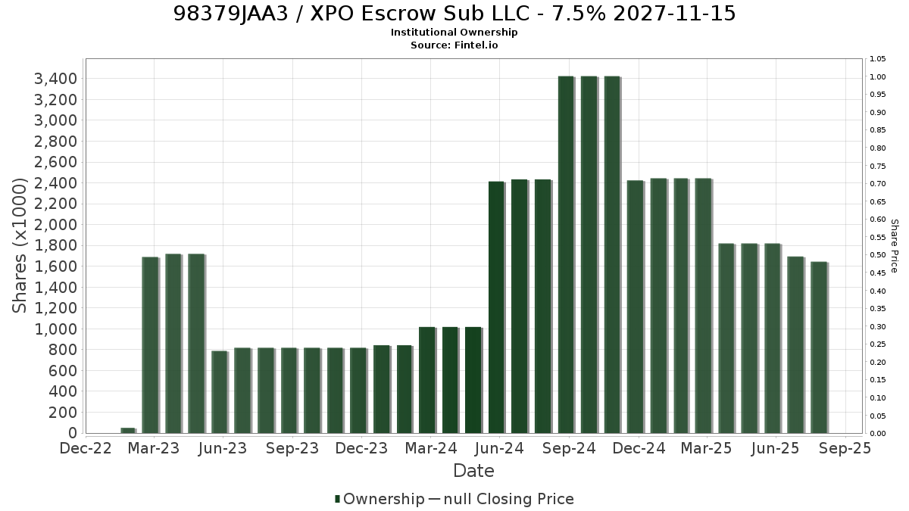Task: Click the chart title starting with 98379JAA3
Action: click(x=454, y=14)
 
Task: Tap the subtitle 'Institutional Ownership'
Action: click(x=454, y=33)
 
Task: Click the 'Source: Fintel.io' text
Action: click(x=454, y=45)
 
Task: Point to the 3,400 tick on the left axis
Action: click(x=55, y=79)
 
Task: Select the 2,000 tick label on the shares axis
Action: click(x=55, y=225)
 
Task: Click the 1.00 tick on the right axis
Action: click(x=878, y=77)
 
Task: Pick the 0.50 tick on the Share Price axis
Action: click(x=878, y=255)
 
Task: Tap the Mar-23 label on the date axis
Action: click(x=153, y=448)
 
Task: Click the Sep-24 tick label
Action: click(x=569, y=448)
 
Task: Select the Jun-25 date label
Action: click(x=775, y=448)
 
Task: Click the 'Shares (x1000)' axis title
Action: click(x=19, y=245)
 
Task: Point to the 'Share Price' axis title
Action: click(x=895, y=246)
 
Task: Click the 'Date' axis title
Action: click(x=473, y=471)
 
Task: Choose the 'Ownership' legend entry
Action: click(x=380, y=499)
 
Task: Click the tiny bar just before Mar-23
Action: click(x=128, y=430)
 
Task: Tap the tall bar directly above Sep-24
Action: click(x=566, y=254)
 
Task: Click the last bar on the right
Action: click(x=819, y=347)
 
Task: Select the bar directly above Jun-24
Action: click(x=496, y=307)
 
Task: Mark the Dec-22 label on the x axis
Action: click(x=85, y=448)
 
